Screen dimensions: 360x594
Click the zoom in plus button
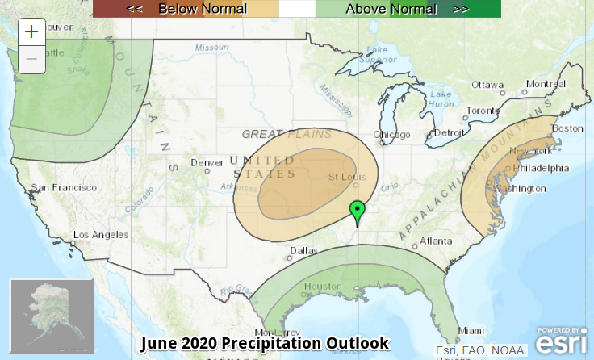pyautogui.click(x=31, y=32)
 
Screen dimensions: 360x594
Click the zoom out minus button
pyautogui.click(x=31, y=59)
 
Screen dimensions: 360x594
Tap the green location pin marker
pyautogui.click(x=357, y=212)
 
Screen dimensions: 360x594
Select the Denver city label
pyautogui.click(x=207, y=163)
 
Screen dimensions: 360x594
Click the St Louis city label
pyautogui.click(x=345, y=177)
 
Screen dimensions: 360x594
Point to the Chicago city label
pyautogui.click(x=392, y=134)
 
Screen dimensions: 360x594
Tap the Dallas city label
pyautogui.click(x=303, y=251)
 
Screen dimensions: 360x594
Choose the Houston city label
pyautogui.click(x=323, y=287)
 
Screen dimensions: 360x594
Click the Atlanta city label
pyautogui.click(x=436, y=241)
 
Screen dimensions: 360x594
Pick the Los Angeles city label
pyautogui.click(x=101, y=235)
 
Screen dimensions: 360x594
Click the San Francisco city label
pyautogui.click(x=64, y=187)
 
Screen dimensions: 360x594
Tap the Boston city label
pyautogui.click(x=567, y=128)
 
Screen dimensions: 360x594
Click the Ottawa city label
pyautogui.click(x=487, y=85)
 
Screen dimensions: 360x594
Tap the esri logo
pyautogui.click(x=562, y=342)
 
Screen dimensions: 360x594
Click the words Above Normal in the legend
pyautogui.click(x=391, y=9)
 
